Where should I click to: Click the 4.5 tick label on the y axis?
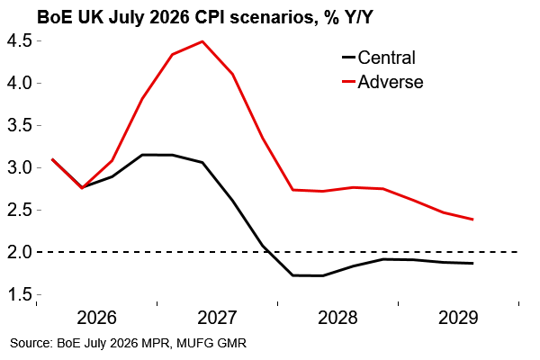tap(20, 41)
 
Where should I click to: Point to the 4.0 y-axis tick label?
tap(20, 84)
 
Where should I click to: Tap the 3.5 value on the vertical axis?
tap(20, 125)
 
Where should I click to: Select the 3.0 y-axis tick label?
tap(20, 167)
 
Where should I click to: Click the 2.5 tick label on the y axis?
tap(20, 210)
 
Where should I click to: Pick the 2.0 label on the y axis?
tap(20, 252)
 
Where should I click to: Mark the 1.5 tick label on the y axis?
tap(20, 294)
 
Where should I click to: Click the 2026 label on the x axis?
tap(97, 318)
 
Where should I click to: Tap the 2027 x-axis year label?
tap(217, 318)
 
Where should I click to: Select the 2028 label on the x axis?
tap(337, 318)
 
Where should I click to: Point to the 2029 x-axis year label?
tap(458, 318)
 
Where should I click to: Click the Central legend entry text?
tap(387, 58)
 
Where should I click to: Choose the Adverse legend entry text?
tap(391, 82)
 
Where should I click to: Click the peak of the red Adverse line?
tap(202, 41)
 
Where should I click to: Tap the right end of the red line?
tap(472, 219)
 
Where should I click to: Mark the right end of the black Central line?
tap(472, 263)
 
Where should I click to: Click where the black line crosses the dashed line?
tap(268, 252)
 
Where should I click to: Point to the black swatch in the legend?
tap(348, 58)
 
